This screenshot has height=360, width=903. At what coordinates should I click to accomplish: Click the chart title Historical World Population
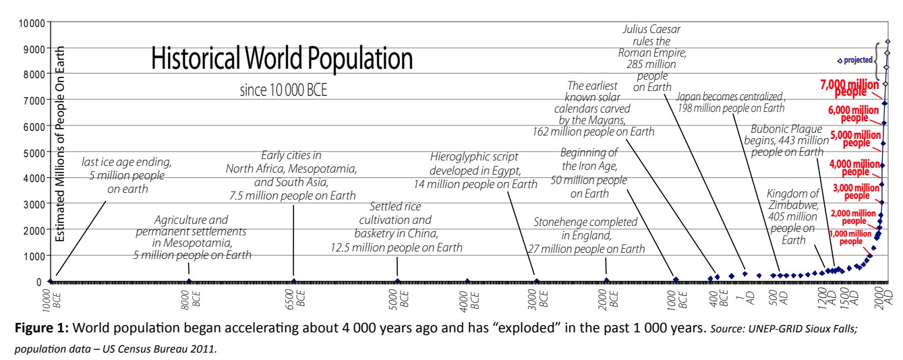(x=281, y=59)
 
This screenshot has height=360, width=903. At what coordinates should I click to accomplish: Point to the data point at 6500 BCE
(x=294, y=280)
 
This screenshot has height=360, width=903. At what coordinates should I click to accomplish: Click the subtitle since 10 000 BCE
(x=283, y=91)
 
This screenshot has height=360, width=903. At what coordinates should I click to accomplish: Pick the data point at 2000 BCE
(x=606, y=280)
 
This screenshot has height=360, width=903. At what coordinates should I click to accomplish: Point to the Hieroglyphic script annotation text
(x=475, y=177)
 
